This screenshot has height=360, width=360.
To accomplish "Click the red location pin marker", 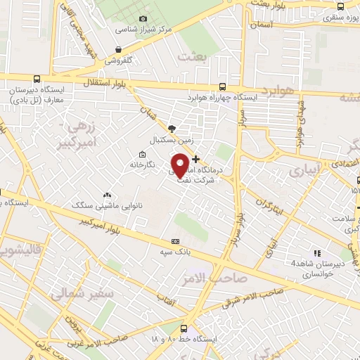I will coord(180,165).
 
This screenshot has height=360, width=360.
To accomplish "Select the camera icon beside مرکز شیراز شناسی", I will coord(143,19).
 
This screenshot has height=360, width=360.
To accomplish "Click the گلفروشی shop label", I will coord(120,60).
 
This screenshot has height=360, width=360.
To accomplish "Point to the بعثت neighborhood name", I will coord(193,56).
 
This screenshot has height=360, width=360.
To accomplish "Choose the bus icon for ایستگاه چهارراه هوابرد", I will coord(222,86).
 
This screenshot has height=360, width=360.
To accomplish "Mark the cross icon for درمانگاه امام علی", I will coord(195,158).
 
